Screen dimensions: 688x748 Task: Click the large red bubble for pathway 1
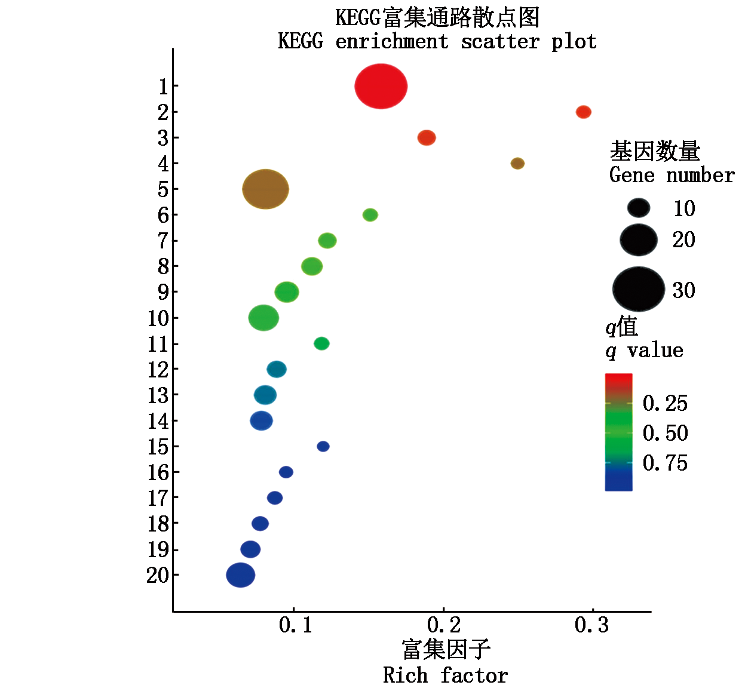381,87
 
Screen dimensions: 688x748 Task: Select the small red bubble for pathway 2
584,112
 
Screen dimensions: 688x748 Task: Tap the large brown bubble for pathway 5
265,189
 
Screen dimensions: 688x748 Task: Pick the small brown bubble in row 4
517,163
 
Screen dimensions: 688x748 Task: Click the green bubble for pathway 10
263,318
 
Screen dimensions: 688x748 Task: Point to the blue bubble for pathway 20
240,575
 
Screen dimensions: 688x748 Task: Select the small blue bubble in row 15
323,446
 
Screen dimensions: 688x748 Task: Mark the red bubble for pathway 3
427,138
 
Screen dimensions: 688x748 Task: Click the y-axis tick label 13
159,395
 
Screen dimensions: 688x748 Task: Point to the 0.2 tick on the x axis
444,625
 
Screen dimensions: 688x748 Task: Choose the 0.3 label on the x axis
591,625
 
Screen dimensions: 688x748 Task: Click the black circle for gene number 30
639,289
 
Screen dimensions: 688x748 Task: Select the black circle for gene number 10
639,208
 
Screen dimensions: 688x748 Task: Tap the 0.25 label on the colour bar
665,404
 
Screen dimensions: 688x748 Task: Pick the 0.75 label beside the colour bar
665,463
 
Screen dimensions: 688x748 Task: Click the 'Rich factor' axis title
445,675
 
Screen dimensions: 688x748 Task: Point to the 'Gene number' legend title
672,176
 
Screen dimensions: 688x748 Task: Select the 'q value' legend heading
644,351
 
